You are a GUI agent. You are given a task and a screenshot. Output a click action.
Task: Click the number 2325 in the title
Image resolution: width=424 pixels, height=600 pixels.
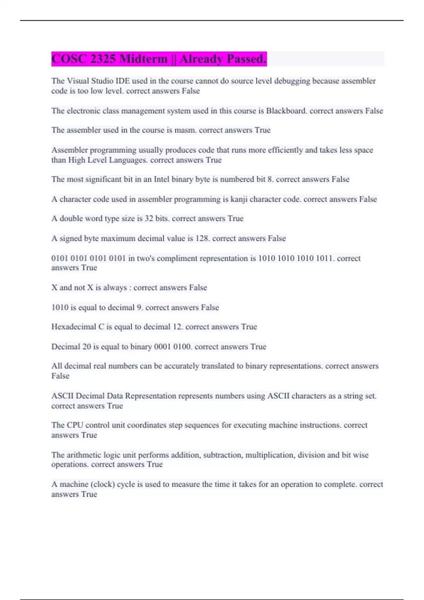point(103,59)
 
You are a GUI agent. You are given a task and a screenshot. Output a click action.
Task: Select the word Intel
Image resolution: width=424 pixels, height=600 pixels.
point(161,179)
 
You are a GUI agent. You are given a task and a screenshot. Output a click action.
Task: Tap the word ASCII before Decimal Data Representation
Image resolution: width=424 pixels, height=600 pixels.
point(62,396)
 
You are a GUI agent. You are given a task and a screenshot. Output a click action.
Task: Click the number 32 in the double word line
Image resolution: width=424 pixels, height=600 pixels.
point(149,218)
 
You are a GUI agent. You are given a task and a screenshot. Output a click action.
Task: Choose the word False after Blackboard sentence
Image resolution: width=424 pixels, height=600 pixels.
point(374,111)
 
